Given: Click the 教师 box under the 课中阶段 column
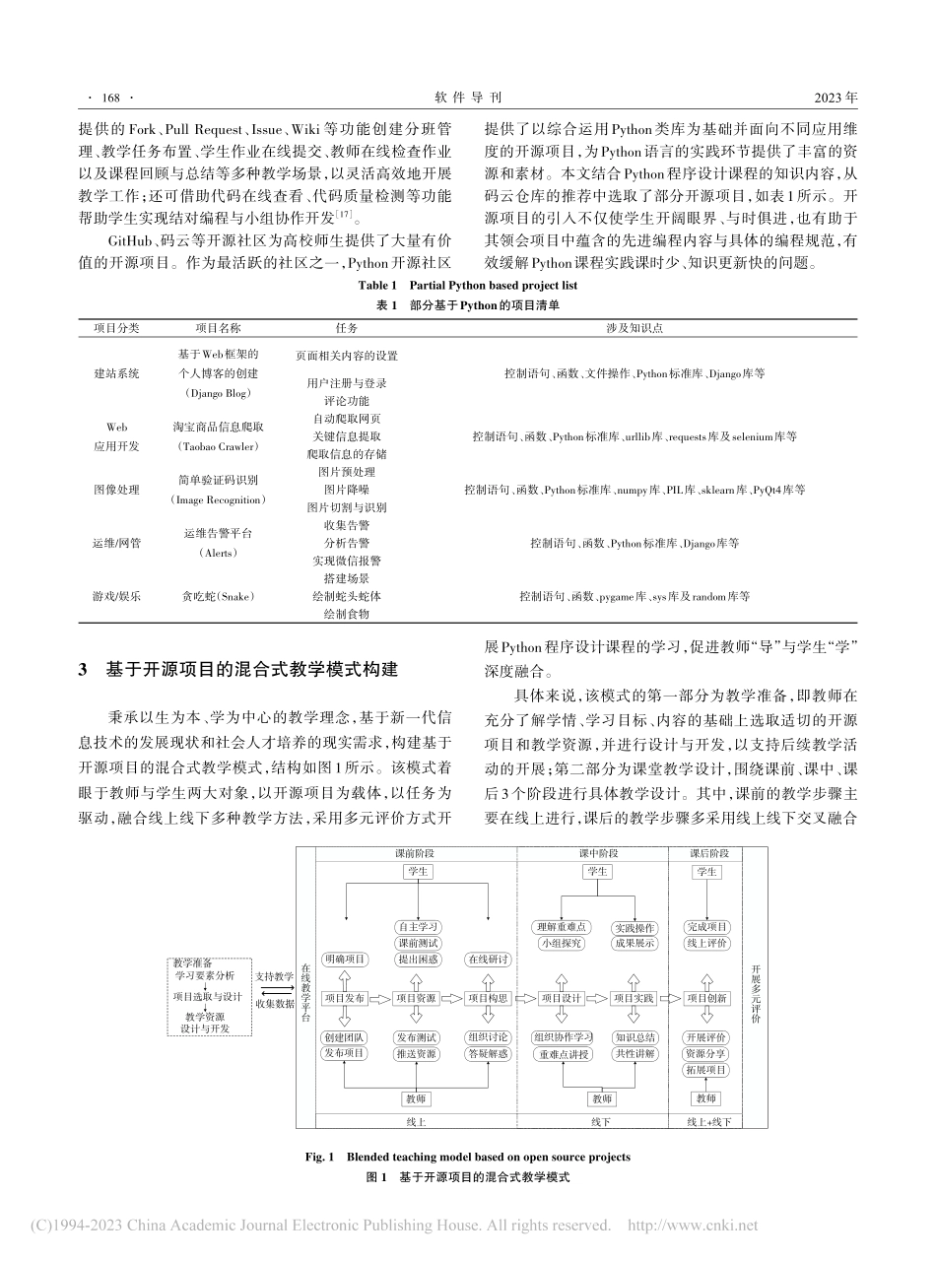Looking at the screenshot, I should click(601, 1098).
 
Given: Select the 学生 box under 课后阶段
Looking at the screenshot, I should click(706, 872).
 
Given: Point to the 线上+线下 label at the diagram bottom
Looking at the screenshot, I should click(706, 1121).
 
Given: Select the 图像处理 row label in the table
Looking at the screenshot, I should click(116, 490).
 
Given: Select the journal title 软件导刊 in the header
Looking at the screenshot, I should click(468, 99).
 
